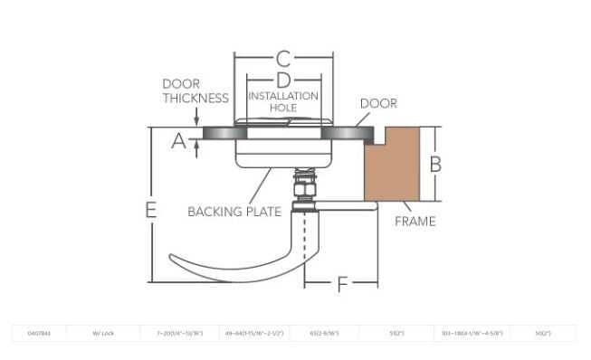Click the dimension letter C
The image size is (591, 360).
283,60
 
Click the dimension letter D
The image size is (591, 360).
283,81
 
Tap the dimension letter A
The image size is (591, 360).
178,141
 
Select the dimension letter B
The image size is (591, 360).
434,164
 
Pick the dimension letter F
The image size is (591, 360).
342,284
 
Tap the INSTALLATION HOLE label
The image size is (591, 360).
283,101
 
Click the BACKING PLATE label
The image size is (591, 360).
234,212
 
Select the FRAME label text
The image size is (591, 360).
415,221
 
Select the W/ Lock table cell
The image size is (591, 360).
101,334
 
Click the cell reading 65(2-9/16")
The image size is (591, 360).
323,334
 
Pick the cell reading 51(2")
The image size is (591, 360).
396,334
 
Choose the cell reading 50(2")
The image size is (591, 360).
543,334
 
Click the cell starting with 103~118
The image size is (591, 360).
472,334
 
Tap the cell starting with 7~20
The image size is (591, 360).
180,334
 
